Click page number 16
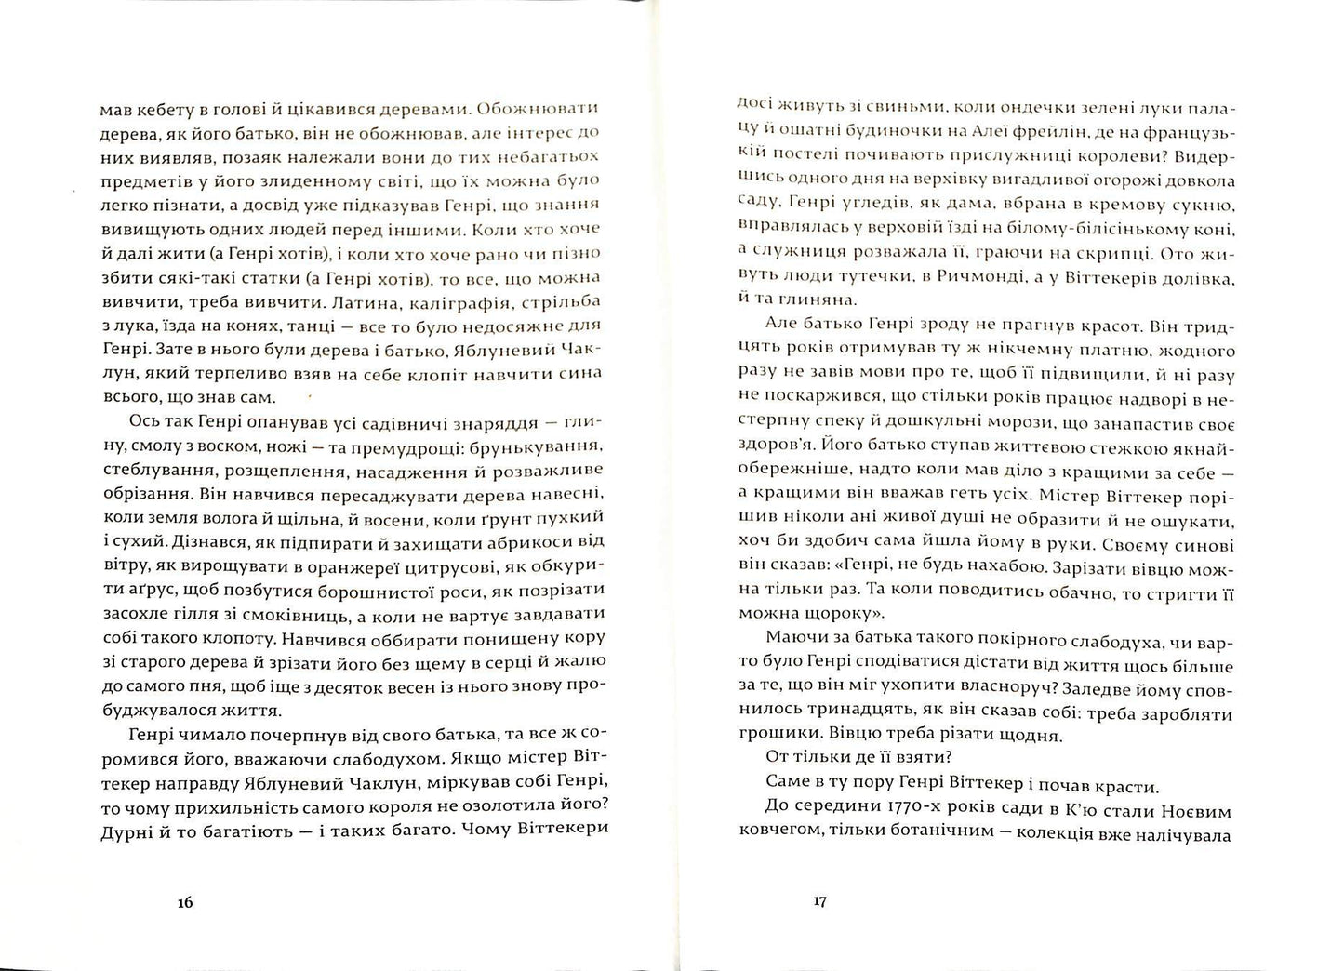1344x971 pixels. (x=184, y=902)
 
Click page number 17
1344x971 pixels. (x=818, y=902)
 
